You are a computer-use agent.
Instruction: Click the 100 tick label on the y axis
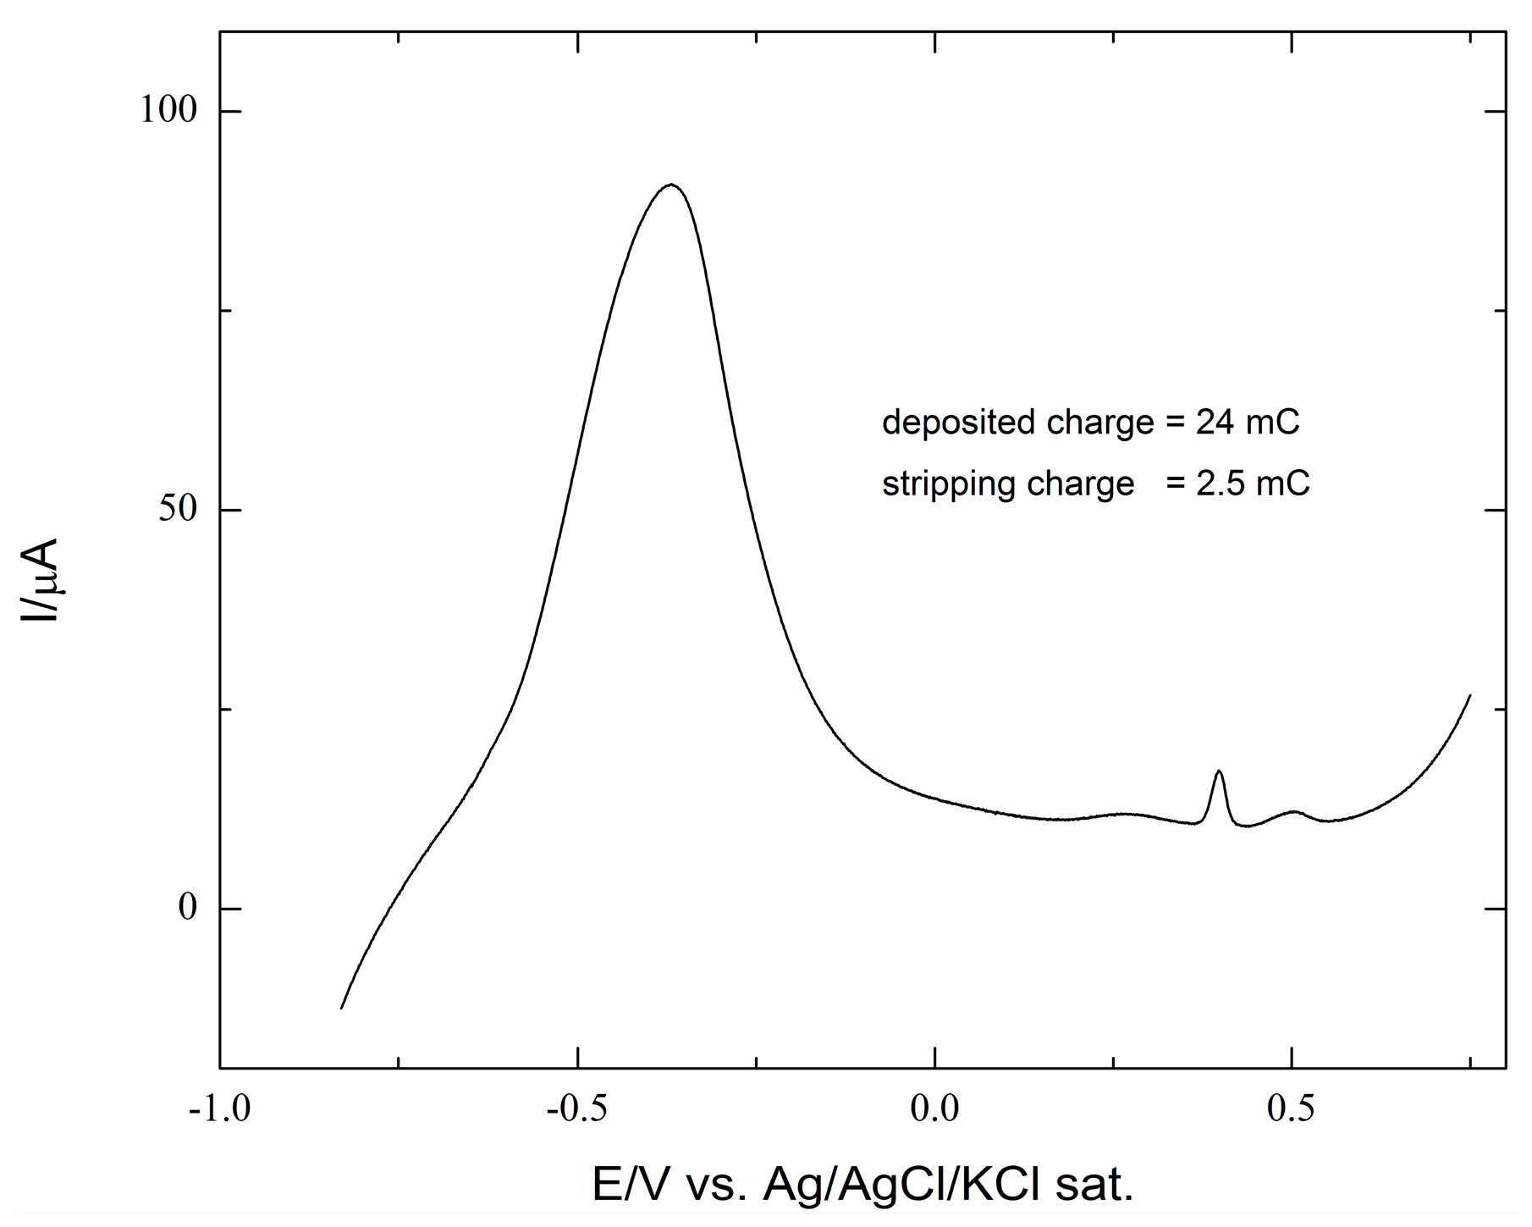[x=168, y=111]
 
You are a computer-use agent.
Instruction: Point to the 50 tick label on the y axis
[x=178, y=510]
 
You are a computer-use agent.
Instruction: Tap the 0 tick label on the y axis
[x=187, y=908]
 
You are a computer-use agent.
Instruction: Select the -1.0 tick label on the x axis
[x=219, y=1108]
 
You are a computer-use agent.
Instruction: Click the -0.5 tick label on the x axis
[x=577, y=1108]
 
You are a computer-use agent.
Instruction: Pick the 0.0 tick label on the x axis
[x=935, y=1108]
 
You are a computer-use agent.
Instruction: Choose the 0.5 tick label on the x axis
[x=1292, y=1108]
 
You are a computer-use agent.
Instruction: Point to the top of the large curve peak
[x=671, y=184]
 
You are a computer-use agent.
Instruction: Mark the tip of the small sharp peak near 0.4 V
[x=1219, y=771]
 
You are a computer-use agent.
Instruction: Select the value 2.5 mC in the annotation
[x=1252, y=484]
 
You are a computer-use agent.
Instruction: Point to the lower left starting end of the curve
[x=341, y=1008]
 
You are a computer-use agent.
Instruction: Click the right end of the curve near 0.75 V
[x=1470, y=695]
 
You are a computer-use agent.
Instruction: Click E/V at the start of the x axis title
[x=629, y=1186]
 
